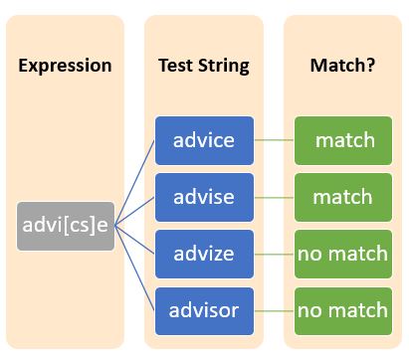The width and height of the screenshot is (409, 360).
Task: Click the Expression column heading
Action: (65, 67)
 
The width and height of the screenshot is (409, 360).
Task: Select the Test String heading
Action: (203, 67)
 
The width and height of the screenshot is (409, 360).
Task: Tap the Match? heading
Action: (343, 67)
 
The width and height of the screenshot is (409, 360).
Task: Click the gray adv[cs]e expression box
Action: (66, 226)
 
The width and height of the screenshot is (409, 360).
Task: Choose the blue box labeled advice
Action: (204, 140)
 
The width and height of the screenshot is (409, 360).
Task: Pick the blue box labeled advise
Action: (204, 197)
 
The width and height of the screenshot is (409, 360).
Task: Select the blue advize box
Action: (204, 254)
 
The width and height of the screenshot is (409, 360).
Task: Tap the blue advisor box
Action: (204, 310)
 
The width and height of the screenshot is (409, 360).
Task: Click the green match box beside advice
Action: (343, 140)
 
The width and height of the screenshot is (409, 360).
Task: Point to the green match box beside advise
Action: (343, 197)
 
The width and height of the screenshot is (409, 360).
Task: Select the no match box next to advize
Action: (343, 254)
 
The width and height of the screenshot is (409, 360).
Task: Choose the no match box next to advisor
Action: (343, 310)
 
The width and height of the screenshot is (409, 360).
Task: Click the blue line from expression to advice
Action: (134, 182)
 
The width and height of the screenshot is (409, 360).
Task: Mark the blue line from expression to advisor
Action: (134, 269)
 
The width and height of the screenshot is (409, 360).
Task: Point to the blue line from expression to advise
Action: (134, 211)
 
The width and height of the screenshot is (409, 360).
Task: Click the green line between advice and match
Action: (274, 140)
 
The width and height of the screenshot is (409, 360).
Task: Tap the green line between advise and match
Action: (274, 197)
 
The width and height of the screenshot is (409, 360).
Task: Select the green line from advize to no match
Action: (274, 254)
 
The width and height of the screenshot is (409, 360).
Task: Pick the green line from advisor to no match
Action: (274, 310)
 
